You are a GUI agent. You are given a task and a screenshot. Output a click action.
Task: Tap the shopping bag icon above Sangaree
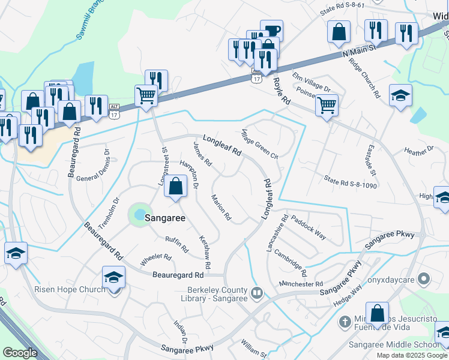pyautogui.click(x=175, y=187)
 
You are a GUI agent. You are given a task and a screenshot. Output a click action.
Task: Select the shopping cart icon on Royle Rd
pyautogui.click(x=327, y=105)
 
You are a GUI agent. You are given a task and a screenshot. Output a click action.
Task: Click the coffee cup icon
pyautogui.click(x=271, y=31)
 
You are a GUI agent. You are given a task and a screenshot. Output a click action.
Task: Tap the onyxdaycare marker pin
pyautogui.click(x=424, y=278)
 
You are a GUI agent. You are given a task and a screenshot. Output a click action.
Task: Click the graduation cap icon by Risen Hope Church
pyautogui.click(x=112, y=277)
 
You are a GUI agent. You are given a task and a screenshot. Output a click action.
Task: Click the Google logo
pyautogui.click(x=20, y=353)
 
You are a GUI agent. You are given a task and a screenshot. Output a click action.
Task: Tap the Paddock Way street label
pyautogui.click(x=309, y=227)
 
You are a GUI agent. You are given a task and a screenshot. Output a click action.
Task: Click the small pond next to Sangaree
pyautogui.click(x=139, y=214)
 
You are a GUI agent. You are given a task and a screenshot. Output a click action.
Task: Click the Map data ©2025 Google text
pyautogui.click(x=412, y=355)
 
